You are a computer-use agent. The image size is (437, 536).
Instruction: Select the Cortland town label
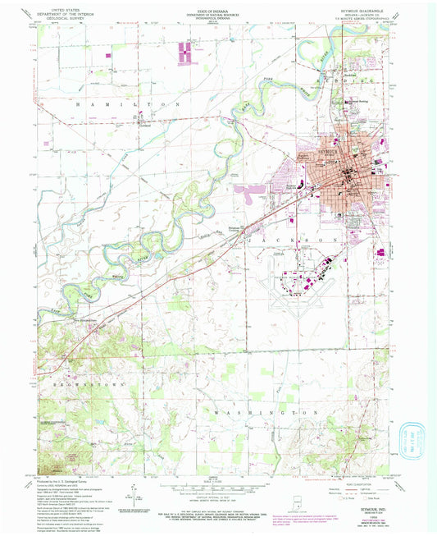click(x=147, y=124)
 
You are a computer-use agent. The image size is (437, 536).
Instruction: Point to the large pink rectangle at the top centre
click(x=188, y=53)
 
